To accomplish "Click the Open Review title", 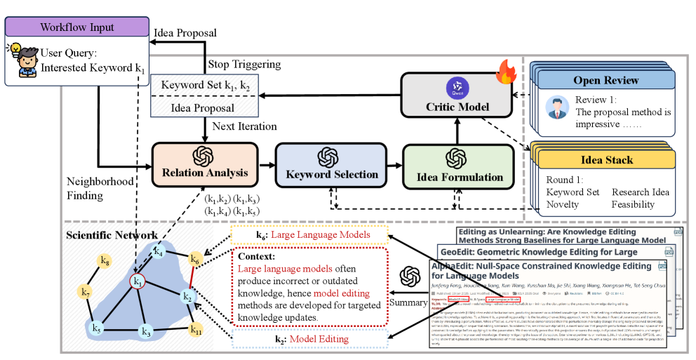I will coord(606,80).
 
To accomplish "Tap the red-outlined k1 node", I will coord(139,282).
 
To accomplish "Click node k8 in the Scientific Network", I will coord(105,262).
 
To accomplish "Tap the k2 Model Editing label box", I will coord(309,340).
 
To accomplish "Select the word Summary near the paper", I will coord(408,302).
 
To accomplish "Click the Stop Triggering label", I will coord(244,65).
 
